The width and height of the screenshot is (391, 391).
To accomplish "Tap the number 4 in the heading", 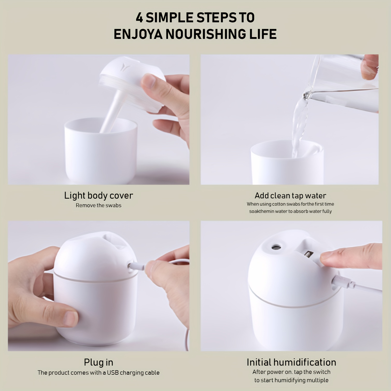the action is (x=139, y=18).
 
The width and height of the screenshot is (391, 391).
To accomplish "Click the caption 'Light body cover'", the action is (x=99, y=195).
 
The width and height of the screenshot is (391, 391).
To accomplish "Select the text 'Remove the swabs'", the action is (x=99, y=205).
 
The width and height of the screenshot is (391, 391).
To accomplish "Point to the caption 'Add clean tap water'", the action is (x=290, y=195).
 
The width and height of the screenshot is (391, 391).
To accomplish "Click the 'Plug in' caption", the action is (x=99, y=362).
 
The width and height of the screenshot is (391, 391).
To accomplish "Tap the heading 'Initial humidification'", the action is (x=291, y=362).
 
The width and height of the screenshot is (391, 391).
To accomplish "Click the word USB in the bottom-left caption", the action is (x=113, y=373).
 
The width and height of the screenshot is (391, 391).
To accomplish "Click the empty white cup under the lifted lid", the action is (x=101, y=150).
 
